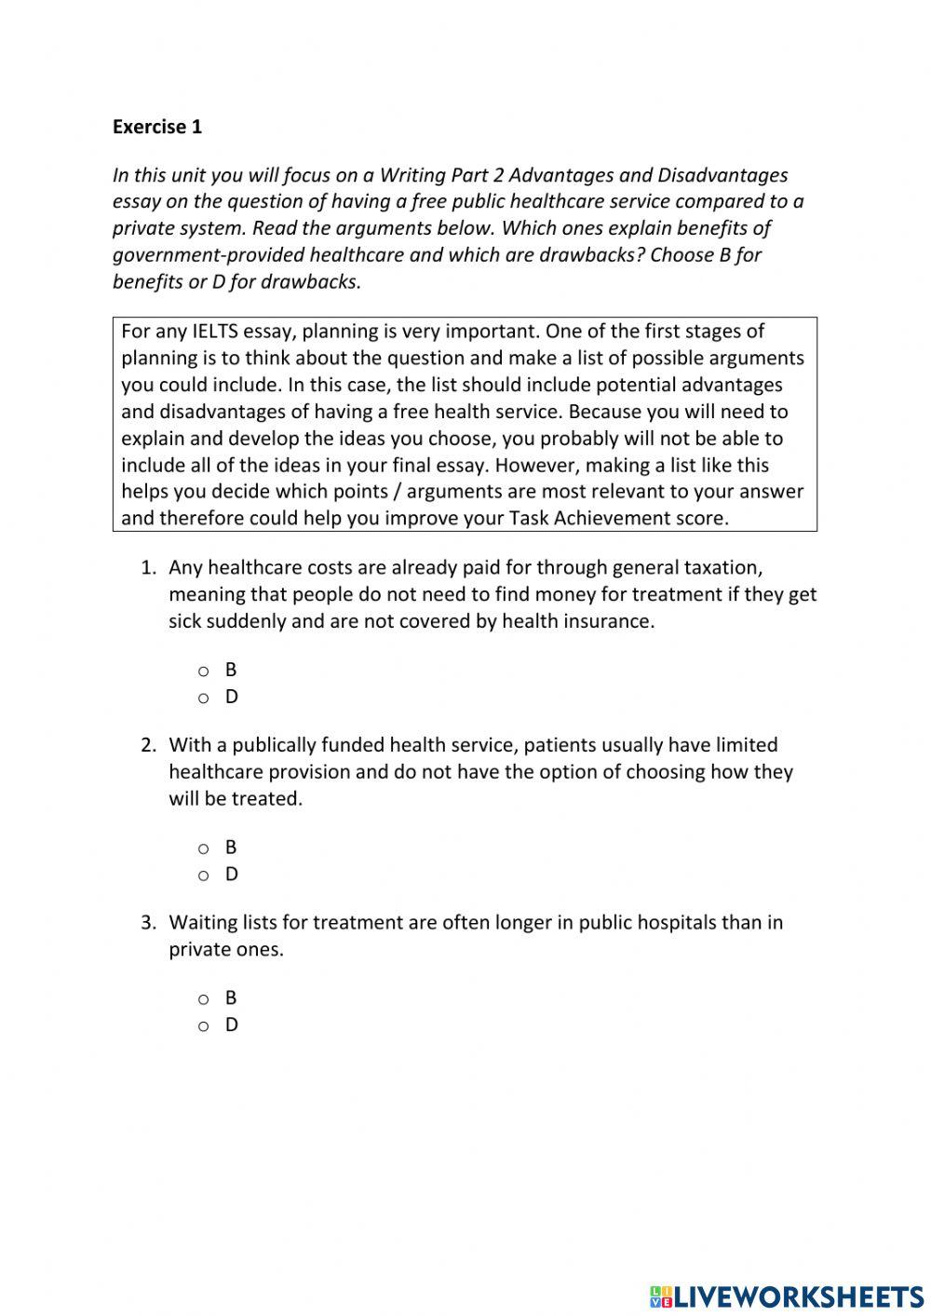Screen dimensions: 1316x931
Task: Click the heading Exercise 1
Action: click(156, 127)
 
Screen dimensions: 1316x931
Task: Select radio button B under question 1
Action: click(203, 671)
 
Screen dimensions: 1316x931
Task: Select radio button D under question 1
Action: click(203, 698)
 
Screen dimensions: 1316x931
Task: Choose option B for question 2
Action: click(203, 848)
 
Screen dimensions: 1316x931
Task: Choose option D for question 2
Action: click(203, 875)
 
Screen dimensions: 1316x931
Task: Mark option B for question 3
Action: click(203, 999)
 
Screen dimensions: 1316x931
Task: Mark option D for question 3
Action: click(203, 1026)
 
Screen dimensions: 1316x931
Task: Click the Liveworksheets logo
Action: click(786, 1296)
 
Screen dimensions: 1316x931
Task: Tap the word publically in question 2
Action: click(274, 745)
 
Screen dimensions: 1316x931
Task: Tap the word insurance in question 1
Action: click(608, 621)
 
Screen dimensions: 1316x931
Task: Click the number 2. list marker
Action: click(149, 745)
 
